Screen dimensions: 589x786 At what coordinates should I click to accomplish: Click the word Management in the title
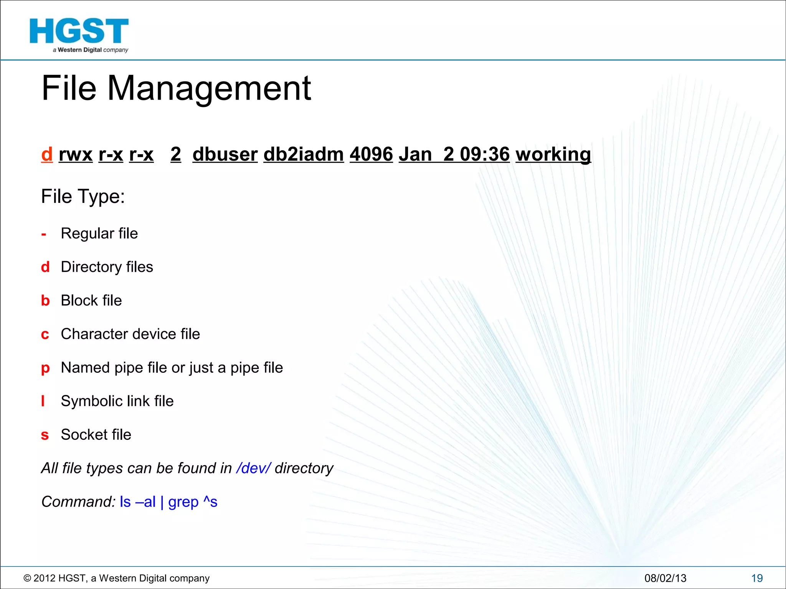(209, 89)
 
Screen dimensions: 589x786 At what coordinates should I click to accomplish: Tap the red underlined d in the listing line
(47, 154)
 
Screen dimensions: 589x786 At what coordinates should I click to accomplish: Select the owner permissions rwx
(76, 155)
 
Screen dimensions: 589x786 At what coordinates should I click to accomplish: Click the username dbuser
(225, 155)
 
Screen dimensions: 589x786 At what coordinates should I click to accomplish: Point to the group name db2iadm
(304, 155)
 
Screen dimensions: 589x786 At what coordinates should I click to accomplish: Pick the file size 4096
(371, 155)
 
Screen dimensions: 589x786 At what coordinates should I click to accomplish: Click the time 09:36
(485, 155)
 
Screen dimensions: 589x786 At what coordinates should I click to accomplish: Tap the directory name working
(553, 155)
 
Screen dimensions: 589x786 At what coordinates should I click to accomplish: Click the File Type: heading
(83, 197)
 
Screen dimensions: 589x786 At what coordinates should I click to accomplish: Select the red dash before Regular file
(44, 234)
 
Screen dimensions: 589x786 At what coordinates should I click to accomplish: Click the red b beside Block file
(45, 301)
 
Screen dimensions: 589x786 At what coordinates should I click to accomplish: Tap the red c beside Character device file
(45, 334)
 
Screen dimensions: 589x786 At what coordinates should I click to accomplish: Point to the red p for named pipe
(45, 368)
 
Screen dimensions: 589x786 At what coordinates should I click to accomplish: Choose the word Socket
(84, 435)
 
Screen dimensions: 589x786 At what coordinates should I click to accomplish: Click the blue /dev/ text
(254, 468)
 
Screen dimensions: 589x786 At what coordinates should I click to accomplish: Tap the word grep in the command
(183, 502)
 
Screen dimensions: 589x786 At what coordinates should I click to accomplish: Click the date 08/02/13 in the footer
(665, 578)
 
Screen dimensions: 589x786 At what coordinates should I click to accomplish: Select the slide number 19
(757, 578)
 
